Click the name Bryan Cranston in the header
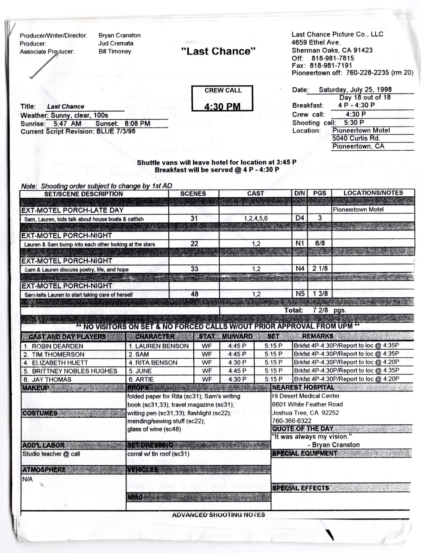(119, 35)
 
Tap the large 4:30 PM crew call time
(222, 107)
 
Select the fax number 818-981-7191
(332, 65)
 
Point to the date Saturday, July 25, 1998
(355, 90)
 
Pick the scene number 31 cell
(194, 218)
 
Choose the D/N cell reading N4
(300, 268)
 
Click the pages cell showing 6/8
(320, 243)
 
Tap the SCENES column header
(193, 194)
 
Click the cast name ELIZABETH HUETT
(56, 363)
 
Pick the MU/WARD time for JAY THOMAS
(237, 379)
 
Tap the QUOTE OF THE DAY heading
(303, 429)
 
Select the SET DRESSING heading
(150, 445)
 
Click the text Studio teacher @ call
(51, 454)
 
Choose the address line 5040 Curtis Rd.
(356, 138)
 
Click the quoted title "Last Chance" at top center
(218, 51)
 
